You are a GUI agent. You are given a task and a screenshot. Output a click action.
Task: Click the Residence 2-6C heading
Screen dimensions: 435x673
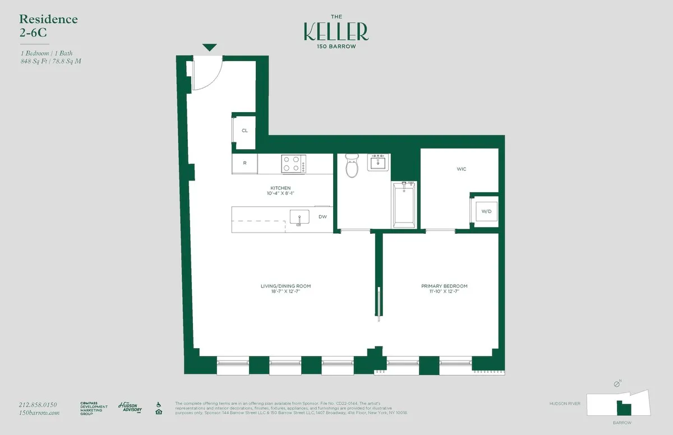(48, 26)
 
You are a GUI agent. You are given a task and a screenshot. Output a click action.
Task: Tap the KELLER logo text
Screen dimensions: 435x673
(336, 31)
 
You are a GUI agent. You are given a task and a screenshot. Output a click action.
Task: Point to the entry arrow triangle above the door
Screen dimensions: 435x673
(209, 48)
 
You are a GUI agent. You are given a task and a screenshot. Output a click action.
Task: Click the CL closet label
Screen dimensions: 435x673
(245, 131)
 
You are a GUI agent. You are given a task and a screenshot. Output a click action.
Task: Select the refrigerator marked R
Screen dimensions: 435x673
(245, 163)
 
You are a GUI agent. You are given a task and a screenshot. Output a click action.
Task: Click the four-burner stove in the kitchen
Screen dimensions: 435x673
(293, 164)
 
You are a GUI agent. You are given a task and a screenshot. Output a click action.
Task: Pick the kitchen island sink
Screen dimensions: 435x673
(299, 217)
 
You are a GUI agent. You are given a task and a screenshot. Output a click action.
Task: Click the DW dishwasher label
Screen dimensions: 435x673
(322, 216)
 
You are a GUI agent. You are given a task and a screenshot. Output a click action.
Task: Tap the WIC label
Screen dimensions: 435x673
(461, 169)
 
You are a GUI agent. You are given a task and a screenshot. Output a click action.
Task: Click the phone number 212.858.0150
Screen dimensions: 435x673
(38, 405)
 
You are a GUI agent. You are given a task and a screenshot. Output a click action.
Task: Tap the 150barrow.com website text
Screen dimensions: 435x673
(39, 413)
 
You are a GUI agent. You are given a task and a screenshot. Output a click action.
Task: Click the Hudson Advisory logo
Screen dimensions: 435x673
(130, 408)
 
